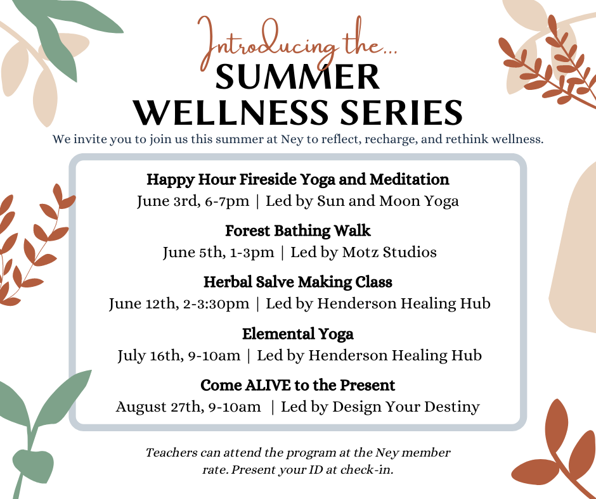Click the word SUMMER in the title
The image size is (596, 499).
297,77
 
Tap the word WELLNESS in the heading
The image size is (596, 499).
230,113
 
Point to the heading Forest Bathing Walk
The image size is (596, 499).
297,231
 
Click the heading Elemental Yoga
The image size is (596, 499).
297,334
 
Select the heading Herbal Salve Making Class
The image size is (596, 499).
297,282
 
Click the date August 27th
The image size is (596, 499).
158,407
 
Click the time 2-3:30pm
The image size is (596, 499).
216,304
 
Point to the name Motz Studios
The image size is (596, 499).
389,252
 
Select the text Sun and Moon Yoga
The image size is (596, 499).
387,201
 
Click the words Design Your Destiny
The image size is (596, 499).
406,407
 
